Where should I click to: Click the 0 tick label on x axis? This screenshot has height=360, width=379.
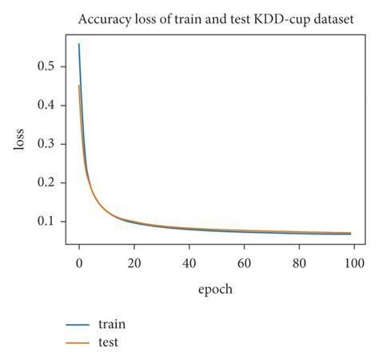79,262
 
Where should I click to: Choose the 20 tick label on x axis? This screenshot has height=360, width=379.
134,262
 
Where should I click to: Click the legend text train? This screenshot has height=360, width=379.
111,324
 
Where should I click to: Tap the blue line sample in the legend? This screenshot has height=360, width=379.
78,325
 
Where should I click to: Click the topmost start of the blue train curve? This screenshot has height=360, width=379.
79,45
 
